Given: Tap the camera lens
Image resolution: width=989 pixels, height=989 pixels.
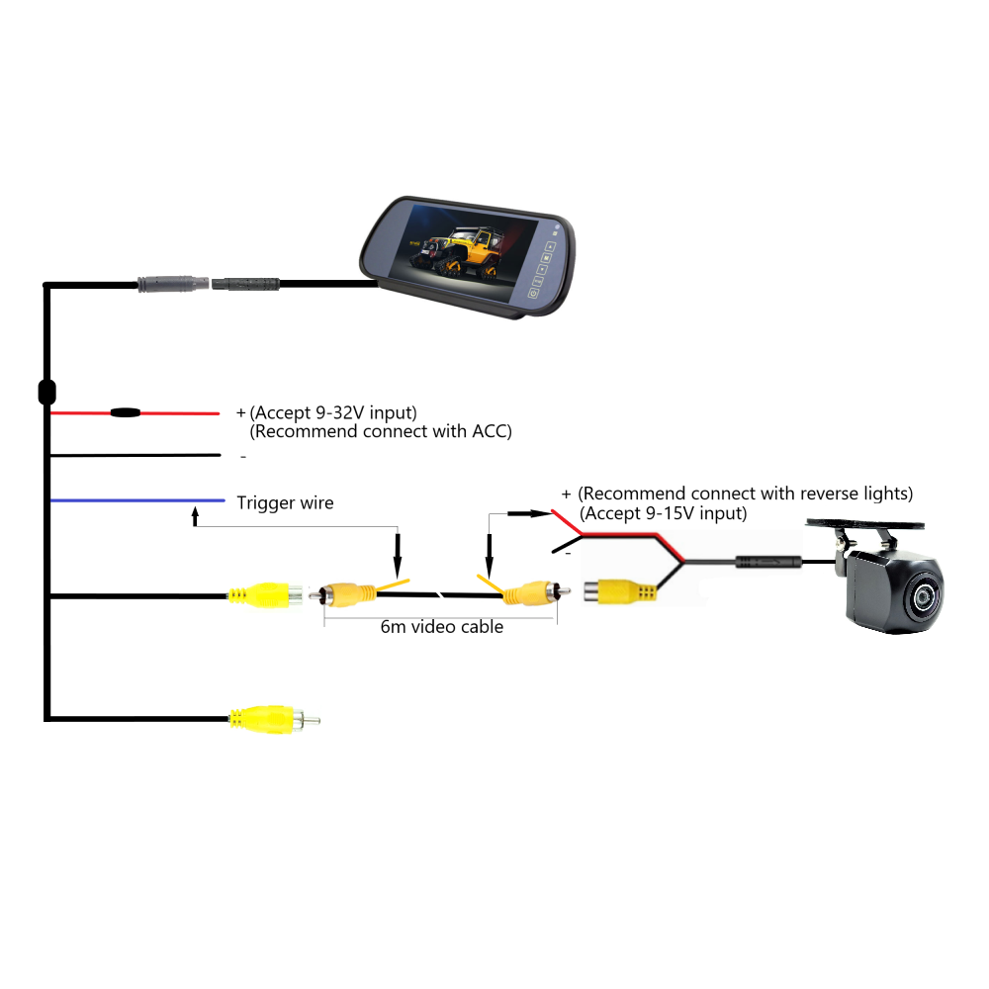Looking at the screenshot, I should (x=924, y=595).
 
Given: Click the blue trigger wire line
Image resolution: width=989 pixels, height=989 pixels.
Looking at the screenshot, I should (x=138, y=500).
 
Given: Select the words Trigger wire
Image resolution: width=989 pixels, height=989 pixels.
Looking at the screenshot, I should (x=285, y=503).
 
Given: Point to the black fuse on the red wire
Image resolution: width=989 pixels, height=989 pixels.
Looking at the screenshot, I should (x=125, y=412).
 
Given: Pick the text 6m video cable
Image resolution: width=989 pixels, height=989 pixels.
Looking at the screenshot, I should (x=442, y=627).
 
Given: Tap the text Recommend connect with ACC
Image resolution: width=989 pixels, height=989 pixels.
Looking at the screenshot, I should (x=381, y=432).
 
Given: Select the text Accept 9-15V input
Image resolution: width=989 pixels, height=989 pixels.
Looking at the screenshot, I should (x=663, y=513).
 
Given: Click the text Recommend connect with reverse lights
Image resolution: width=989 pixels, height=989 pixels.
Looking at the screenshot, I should (x=746, y=494).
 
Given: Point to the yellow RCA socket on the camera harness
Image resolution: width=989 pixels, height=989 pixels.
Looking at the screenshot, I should (x=619, y=592).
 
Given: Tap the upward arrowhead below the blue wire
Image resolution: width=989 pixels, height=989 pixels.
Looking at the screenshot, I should (x=195, y=514).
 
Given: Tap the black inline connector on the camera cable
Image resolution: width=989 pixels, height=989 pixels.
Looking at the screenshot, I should (x=766, y=563).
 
